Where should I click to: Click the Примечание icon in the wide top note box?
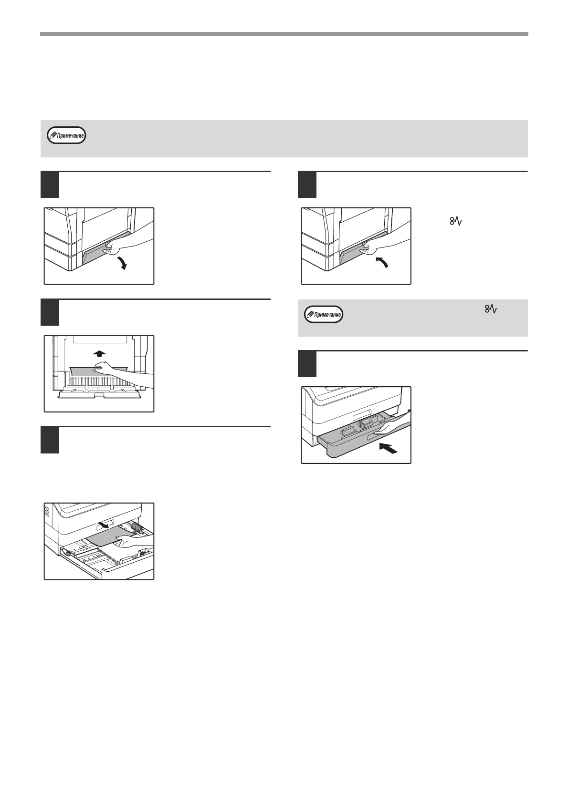[x=67, y=135]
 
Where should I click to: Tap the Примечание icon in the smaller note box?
[x=324, y=315]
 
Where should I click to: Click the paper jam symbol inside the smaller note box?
[x=491, y=310]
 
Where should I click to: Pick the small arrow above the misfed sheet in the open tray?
[x=103, y=525]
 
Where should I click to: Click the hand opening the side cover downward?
[x=129, y=245]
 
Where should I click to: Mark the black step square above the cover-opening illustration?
[x=50, y=185]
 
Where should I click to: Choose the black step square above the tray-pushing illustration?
[x=307, y=364]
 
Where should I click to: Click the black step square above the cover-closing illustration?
[x=307, y=185]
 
